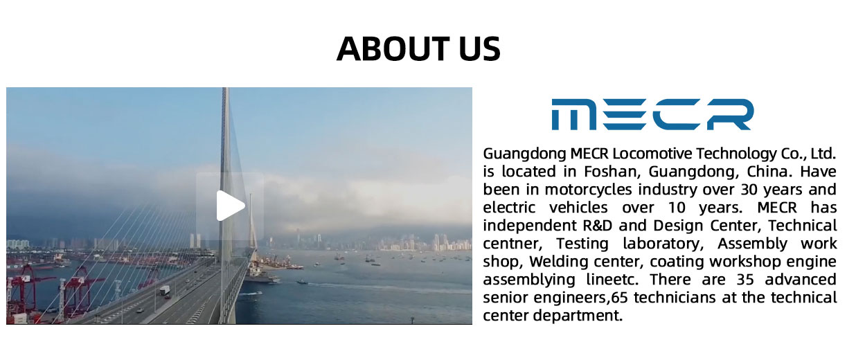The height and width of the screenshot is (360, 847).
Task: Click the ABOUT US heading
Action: pos(418,48)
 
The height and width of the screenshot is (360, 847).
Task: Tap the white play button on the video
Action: pos(231,206)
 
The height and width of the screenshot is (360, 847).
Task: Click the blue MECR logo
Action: pos(652,114)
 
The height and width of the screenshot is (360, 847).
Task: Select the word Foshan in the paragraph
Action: pos(612,171)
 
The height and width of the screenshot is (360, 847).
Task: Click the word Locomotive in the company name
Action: pos(652,154)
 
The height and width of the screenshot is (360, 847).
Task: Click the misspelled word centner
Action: pos(512,244)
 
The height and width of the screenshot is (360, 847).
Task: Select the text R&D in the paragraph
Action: pos(597,226)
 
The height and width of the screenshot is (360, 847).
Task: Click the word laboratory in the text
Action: pos(663,244)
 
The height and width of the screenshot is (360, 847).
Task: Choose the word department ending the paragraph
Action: pos(578,316)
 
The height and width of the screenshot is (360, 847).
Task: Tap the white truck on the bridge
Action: pos(165,290)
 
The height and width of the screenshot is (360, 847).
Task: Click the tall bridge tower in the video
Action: pos(224,204)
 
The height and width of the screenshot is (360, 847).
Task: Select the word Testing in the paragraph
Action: pos(582,244)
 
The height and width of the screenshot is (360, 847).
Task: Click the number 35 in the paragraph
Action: pos(745,280)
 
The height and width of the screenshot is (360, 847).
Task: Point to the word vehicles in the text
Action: pos(578,208)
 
